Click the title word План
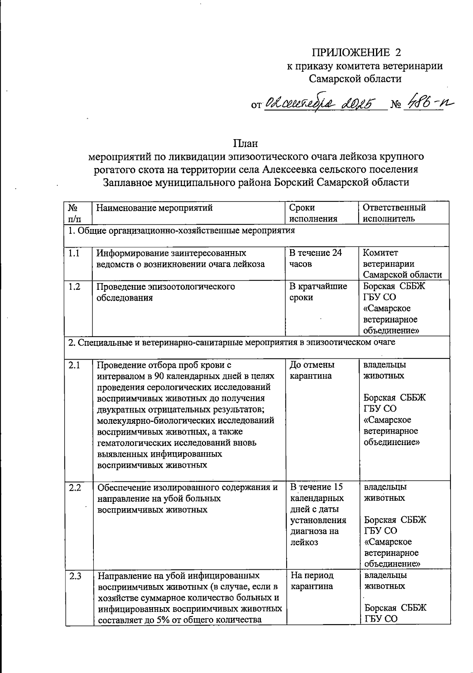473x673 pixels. pos(245,143)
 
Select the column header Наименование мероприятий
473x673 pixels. pos(155,208)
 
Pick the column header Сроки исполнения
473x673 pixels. pos(313,213)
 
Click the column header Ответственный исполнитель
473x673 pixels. pos(394,213)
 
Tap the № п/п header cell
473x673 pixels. pos(72,213)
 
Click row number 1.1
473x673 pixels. pos(74,253)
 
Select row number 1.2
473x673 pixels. pos(74,287)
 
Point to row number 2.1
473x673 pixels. pos(74,365)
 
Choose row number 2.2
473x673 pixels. pos(74,487)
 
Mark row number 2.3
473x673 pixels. pos(74,576)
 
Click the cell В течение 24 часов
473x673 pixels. pos(315,258)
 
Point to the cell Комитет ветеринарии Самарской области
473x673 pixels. pos(402,263)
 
